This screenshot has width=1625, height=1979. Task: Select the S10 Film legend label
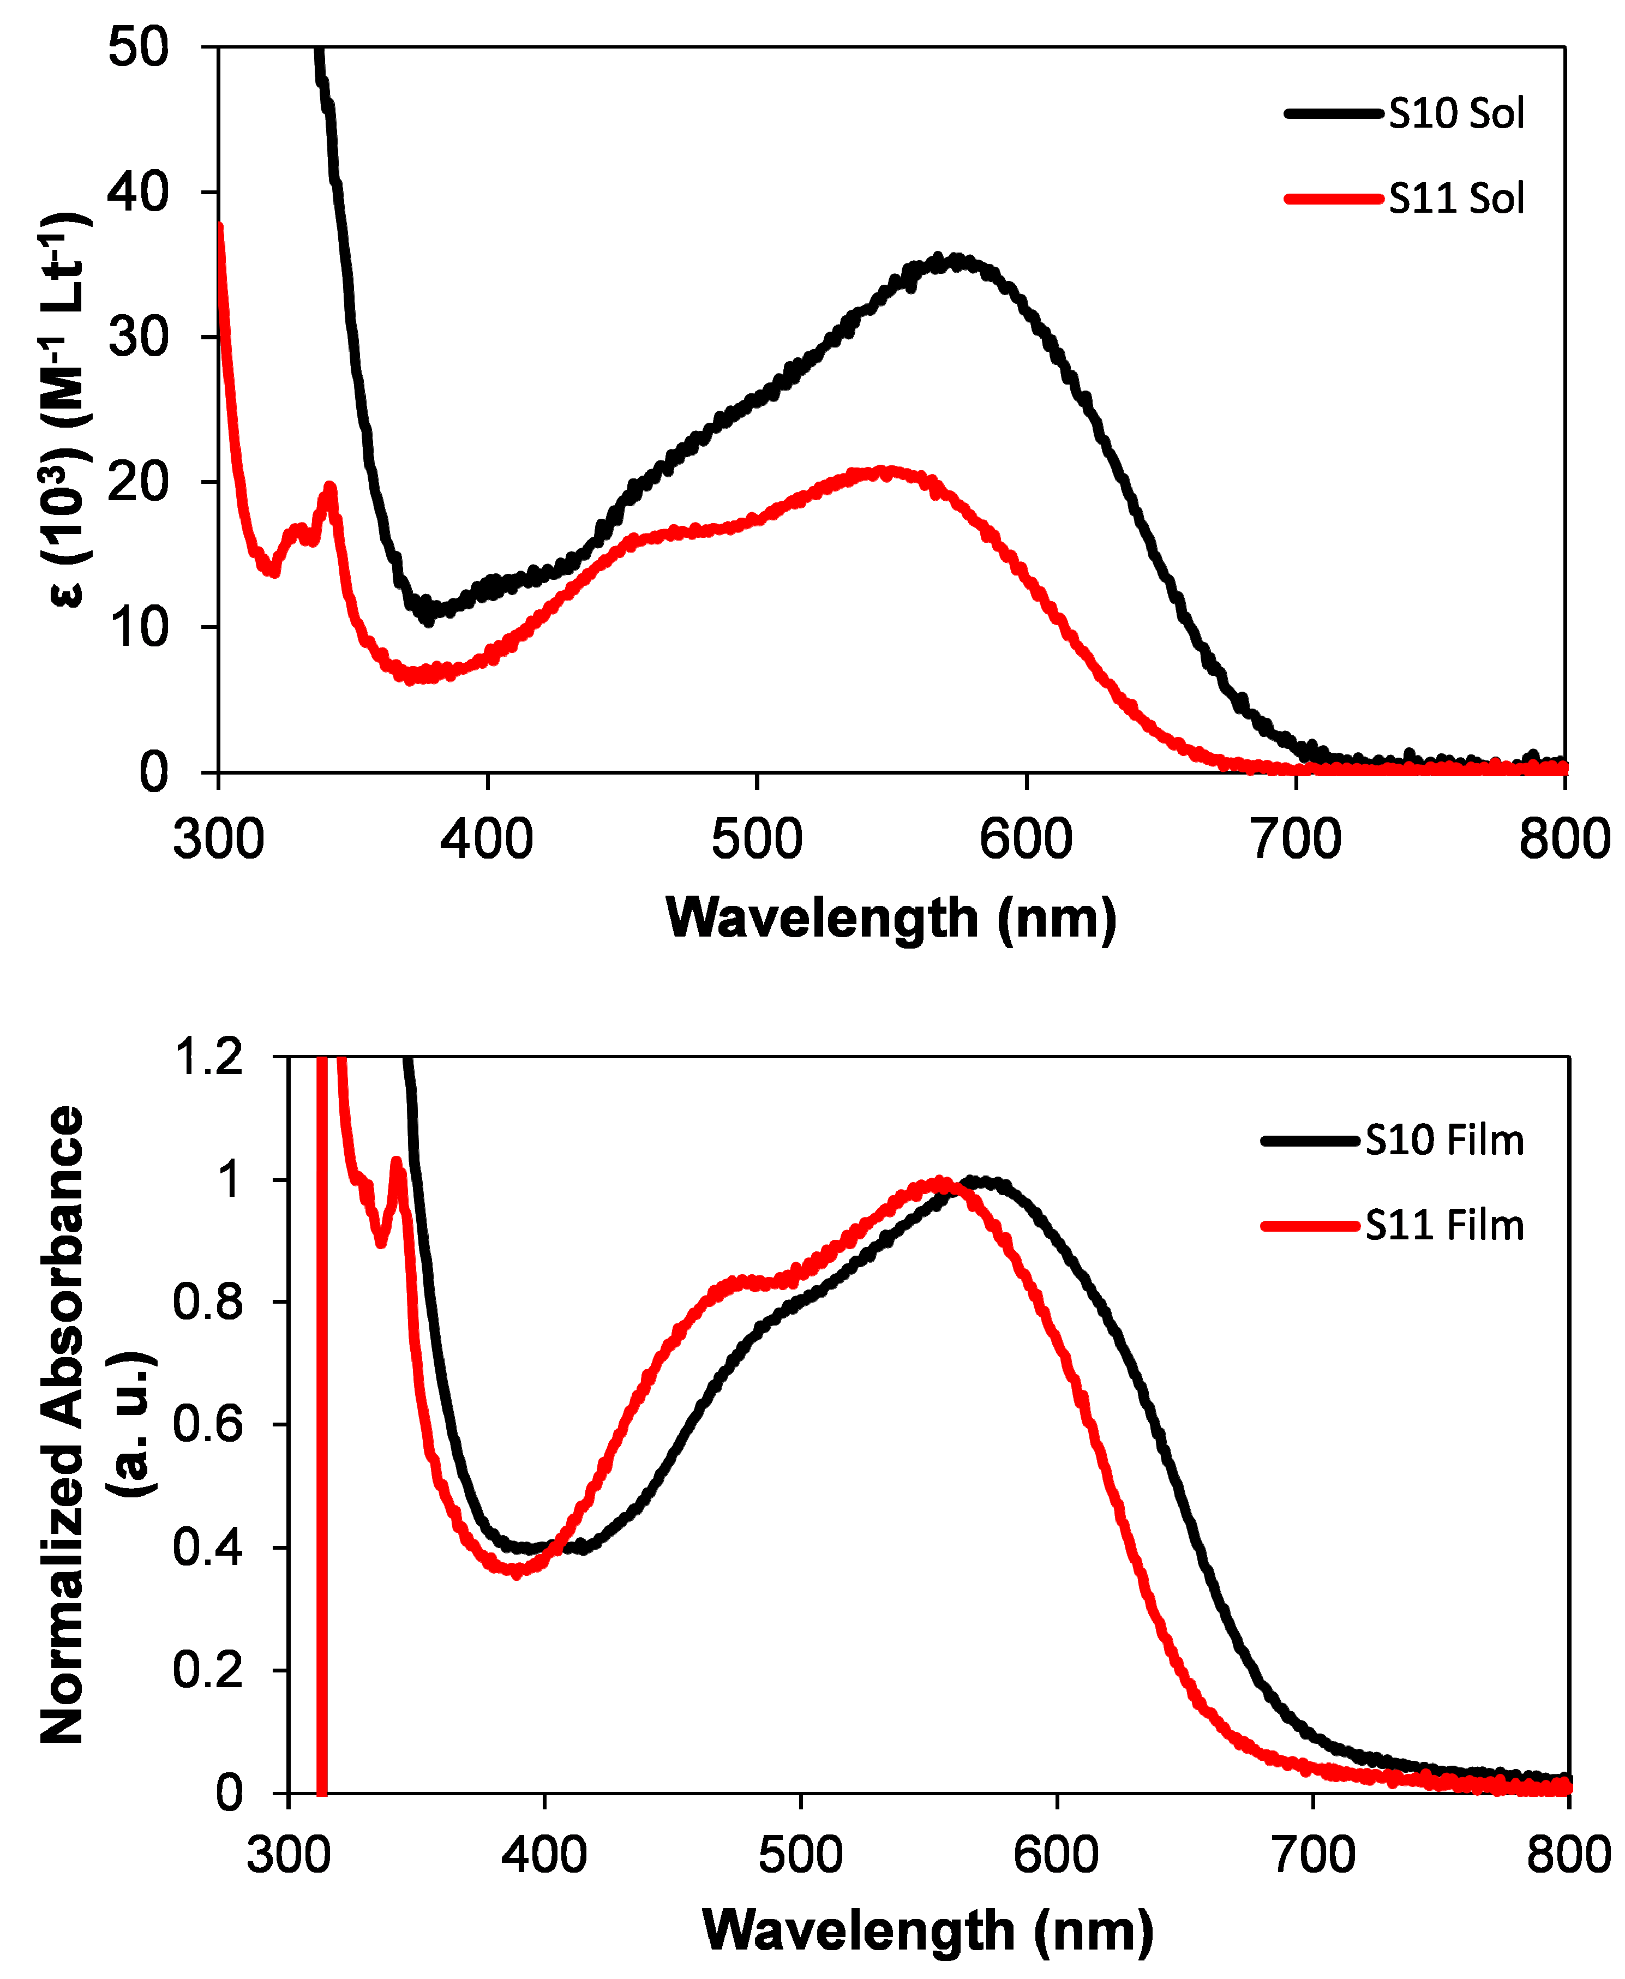coord(1444,1140)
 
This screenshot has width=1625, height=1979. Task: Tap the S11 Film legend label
coord(1444,1225)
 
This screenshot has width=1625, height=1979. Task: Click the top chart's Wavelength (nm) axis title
coord(891,917)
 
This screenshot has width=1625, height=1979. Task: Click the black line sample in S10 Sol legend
coord(1333,113)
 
